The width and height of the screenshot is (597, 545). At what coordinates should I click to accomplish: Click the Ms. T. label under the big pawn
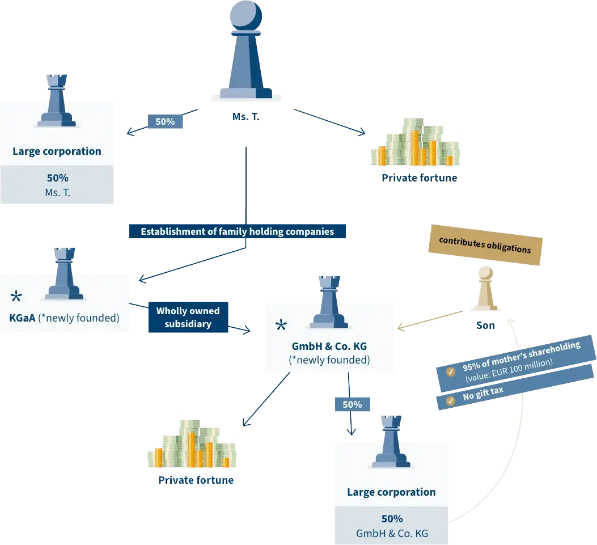(245, 117)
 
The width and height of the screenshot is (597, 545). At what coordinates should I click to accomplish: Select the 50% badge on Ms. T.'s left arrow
(165, 121)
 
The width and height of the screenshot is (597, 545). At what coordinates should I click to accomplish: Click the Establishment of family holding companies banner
(237, 231)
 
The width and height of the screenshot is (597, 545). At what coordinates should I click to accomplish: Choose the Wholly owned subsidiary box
(188, 318)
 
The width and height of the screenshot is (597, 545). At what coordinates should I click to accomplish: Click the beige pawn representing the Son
(485, 289)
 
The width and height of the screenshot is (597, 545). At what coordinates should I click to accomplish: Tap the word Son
(485, 326)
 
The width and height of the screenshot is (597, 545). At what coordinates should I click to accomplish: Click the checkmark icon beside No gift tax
(450, 400)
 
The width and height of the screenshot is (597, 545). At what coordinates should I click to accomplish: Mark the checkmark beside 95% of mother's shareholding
(450, 371)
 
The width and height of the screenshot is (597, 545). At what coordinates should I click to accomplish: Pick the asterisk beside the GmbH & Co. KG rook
(281, 326)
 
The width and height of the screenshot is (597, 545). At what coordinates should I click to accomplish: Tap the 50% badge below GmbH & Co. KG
(352, 405)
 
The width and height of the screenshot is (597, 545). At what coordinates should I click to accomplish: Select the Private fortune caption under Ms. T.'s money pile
(420, 178)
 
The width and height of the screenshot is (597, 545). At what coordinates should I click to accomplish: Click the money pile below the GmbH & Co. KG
(191, 445)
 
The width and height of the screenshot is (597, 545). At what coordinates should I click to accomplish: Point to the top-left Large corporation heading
(57, 151)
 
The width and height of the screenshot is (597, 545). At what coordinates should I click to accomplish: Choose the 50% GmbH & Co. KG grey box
(392, 526)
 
